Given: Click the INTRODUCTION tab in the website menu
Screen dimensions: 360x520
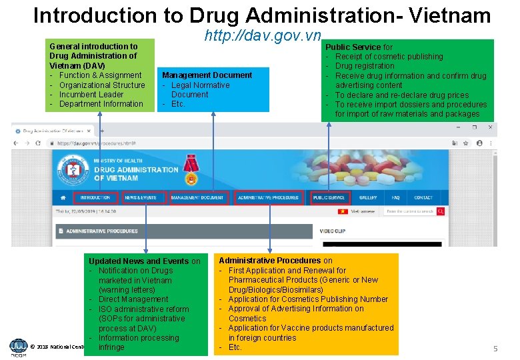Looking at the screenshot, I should [x=95, y=198].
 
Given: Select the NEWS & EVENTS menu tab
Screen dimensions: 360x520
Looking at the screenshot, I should [x=140, y=198].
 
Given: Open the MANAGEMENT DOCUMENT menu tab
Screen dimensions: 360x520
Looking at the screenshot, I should [x=197, y=198].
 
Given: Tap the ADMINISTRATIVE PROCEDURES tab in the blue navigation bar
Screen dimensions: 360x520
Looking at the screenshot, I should [x=268, y=198].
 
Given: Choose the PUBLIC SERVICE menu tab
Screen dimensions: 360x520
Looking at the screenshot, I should [x=329, y=198].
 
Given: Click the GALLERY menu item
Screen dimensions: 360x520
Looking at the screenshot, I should [x=368, y=198].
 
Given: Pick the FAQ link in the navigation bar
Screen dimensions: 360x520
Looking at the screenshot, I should [x=395, y=198].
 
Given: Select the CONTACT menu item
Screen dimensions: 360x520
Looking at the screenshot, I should [x=423, y=198].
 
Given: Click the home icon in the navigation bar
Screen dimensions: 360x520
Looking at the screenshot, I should [x=63, y=198].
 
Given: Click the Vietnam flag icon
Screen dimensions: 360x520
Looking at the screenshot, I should [x=343, y=211].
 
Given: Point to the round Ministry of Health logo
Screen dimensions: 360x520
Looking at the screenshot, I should [x=73, y=170].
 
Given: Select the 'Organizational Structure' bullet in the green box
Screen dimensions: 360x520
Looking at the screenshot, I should [x=102, y=85].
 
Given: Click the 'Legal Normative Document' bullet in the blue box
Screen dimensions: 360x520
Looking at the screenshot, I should [x=200, y=89].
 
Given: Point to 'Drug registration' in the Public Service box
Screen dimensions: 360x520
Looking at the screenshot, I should [x=365, y=66].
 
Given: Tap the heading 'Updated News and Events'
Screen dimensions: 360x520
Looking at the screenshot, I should [x=139, y=261].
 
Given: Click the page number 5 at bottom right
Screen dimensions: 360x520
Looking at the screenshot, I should [x=495, y=349].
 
